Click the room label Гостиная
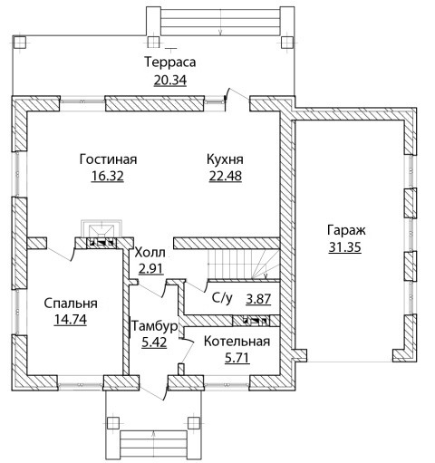tap(108, 159)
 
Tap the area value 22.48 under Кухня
tap(226, 176)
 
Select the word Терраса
tap(170, 62)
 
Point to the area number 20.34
tap(170, 80)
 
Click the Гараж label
tap(346, 230)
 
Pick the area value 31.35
tap(344, 247)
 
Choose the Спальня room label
tap(71, 304)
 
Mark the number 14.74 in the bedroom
tap(71, 320)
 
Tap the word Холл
tap(150, 253)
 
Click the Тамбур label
tap(154, 326)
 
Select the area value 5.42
tap(154, 342)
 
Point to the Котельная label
tap(237, 342)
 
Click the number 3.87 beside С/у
tap(258, 299)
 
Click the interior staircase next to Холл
tap(243, 264)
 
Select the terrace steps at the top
tap(220, 21)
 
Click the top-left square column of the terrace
tap(20, 43)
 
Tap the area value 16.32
tap(108, 176)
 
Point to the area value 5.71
tap(237, 358)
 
